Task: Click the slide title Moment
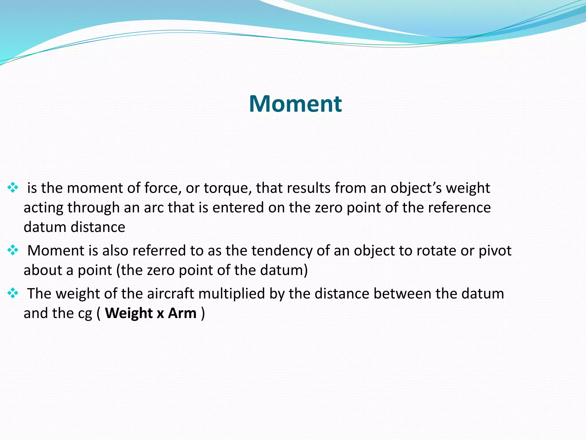[295, 104]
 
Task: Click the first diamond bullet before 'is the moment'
[13, 188]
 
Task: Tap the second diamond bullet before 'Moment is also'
[13, 250]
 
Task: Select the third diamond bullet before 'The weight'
[13, 293]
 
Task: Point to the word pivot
[495, 251]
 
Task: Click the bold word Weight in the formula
[128, 313]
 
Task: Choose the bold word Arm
[182, 313]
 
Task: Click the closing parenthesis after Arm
[203, 313]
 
